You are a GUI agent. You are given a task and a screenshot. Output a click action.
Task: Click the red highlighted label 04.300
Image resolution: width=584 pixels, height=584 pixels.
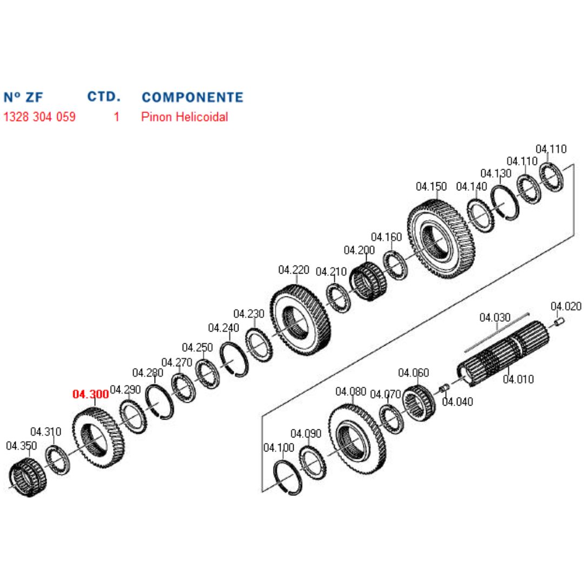coord(90,394)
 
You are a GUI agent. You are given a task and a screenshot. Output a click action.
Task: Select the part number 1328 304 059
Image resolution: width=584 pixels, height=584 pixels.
coord(39,117)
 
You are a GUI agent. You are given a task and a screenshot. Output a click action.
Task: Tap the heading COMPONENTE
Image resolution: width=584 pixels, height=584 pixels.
coord(192,97)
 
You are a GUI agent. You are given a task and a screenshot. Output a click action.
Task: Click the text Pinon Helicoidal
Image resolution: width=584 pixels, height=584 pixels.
coord(184,117)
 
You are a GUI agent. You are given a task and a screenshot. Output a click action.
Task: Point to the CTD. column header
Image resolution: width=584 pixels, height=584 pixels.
coord(104,97)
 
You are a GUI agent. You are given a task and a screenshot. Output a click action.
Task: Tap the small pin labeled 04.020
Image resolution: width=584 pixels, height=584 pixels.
coord(559,323)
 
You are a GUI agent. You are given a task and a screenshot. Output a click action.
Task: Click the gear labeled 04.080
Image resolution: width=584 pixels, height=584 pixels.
coord(357,439)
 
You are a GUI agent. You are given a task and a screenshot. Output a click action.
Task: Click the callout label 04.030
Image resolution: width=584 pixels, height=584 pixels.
coord(495,317)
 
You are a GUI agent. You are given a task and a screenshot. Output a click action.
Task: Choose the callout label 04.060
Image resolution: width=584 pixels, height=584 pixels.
coord(414,373)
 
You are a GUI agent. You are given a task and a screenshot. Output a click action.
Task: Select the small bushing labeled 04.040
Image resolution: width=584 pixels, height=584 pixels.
coord(444,388)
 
